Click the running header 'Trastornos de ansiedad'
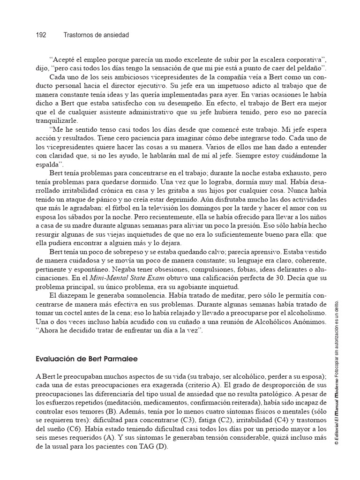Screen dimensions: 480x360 point(96,35)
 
